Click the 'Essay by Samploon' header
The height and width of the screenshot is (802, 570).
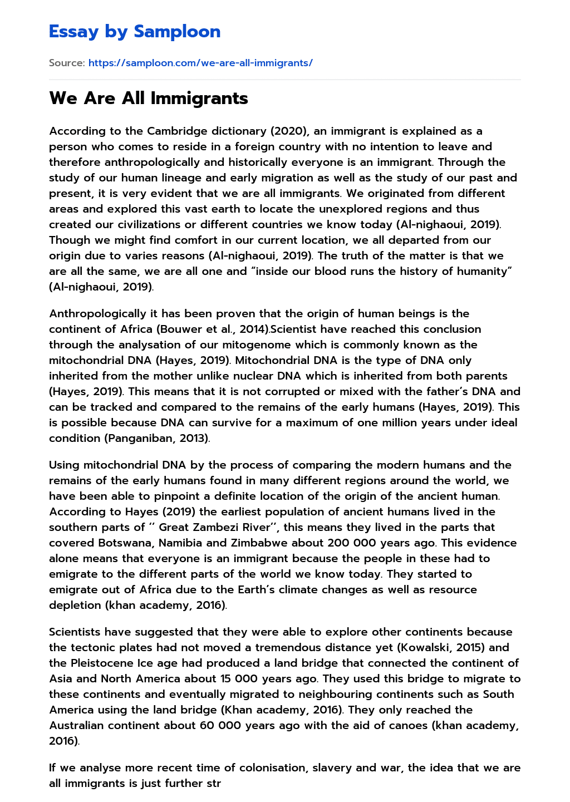coord(135,32)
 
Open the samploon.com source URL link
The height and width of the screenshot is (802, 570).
coord(200,63)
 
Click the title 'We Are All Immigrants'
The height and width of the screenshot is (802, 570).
coord(149,99)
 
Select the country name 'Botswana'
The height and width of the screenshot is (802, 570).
coord(125,543)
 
